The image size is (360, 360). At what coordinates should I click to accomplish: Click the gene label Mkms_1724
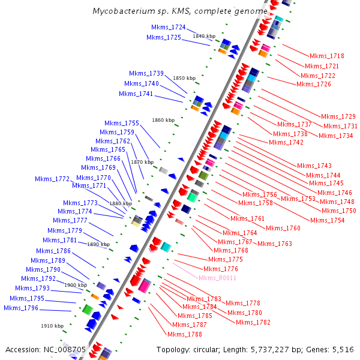(169, 28)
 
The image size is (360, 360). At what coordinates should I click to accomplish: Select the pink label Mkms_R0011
(217, 278)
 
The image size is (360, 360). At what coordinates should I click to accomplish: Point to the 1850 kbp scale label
(184, 78)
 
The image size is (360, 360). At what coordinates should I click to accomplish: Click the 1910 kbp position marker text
(52, 326)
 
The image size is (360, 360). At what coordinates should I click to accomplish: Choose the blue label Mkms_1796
(20, 308)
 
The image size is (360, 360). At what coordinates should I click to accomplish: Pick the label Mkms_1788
(184, 334)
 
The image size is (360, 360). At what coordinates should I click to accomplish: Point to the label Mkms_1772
(52, 179)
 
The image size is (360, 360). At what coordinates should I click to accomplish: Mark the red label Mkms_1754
(328, 220)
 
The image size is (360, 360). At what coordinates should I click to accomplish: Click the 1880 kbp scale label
(120, 204)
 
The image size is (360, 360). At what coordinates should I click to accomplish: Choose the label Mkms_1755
(122, 123)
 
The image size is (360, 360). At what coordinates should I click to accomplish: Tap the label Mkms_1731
(340, 126)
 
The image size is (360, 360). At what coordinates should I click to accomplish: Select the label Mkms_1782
(253, 322)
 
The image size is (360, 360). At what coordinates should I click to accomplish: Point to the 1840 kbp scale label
(203, 36)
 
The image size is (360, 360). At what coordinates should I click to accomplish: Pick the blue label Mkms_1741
(136, 94)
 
